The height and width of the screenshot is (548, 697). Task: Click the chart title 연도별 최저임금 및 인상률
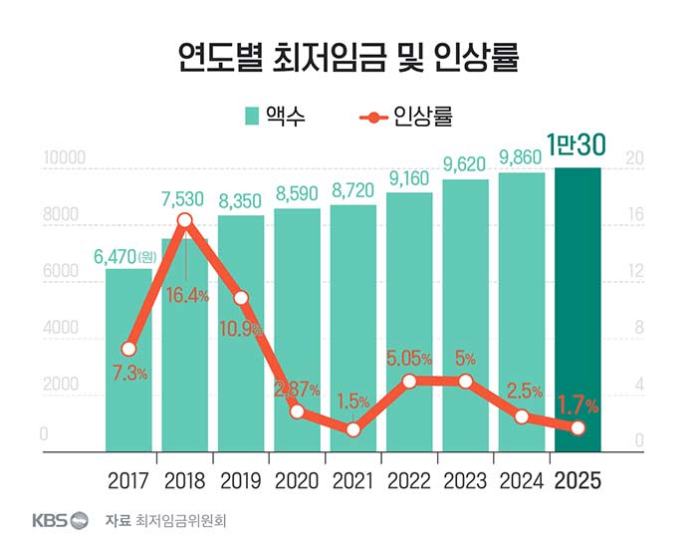(x=348, y=57)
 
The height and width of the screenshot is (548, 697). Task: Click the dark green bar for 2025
(x=579, y=309)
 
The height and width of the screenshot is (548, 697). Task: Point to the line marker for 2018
(x=185, y=220)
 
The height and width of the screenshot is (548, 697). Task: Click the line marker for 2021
(x=353, y=429)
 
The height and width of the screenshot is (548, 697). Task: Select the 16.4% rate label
(x=188, y=295)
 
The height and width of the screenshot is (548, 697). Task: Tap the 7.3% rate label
(x=129, y=374)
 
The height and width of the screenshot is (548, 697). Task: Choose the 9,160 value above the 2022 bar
(x=409, y=179)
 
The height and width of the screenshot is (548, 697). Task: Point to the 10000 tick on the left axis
(x=65, y=158)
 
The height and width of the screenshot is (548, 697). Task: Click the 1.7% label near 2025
(x=577, y=405)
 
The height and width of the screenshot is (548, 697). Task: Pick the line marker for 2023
(x=465, y=381)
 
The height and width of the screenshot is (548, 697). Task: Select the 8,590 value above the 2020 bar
(x=297, y=193)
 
